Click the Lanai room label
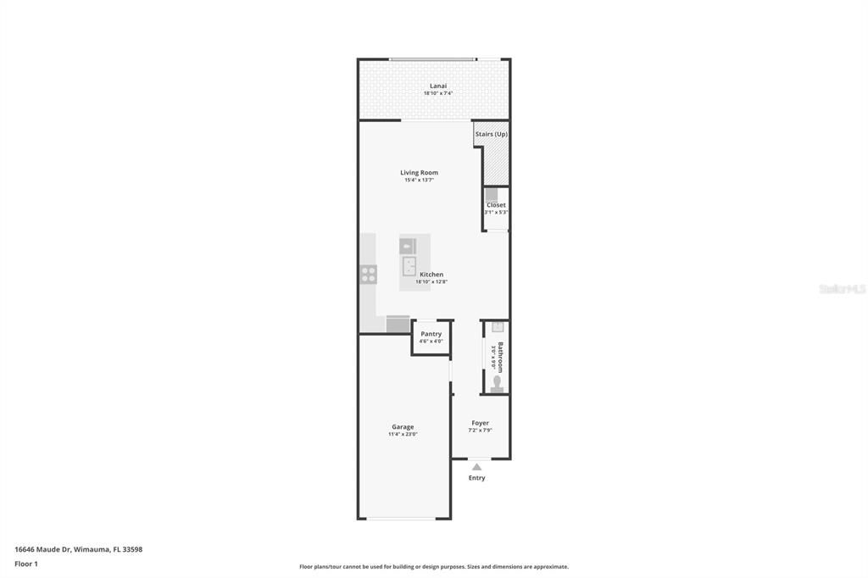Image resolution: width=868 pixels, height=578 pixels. click(437, 86)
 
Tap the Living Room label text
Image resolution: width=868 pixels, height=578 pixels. click(419, 173)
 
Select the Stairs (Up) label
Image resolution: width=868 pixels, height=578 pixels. click(491, 134)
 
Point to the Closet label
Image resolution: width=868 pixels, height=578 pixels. click(496, 205)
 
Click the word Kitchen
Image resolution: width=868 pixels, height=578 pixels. click(431, 275)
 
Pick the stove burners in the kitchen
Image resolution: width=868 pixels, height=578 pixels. click(369, 274)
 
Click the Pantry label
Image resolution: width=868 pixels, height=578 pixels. click(431, 334)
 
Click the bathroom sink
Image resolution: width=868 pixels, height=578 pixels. click(498, 326)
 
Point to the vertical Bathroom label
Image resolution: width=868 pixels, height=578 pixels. click(500, 357)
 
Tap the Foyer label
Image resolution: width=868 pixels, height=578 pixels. click(480, 423)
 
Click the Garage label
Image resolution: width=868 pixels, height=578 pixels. click(403, 427)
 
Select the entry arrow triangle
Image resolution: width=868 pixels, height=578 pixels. click(476, 467)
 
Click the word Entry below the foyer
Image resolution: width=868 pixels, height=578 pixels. click(477, 478)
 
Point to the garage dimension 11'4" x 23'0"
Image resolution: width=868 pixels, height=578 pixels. click(403, 435)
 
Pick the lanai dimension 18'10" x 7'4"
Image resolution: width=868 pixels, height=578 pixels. click(438, 93)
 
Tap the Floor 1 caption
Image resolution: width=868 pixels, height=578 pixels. click(26, 563)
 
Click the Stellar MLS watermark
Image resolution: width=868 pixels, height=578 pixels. click(842, 289)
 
